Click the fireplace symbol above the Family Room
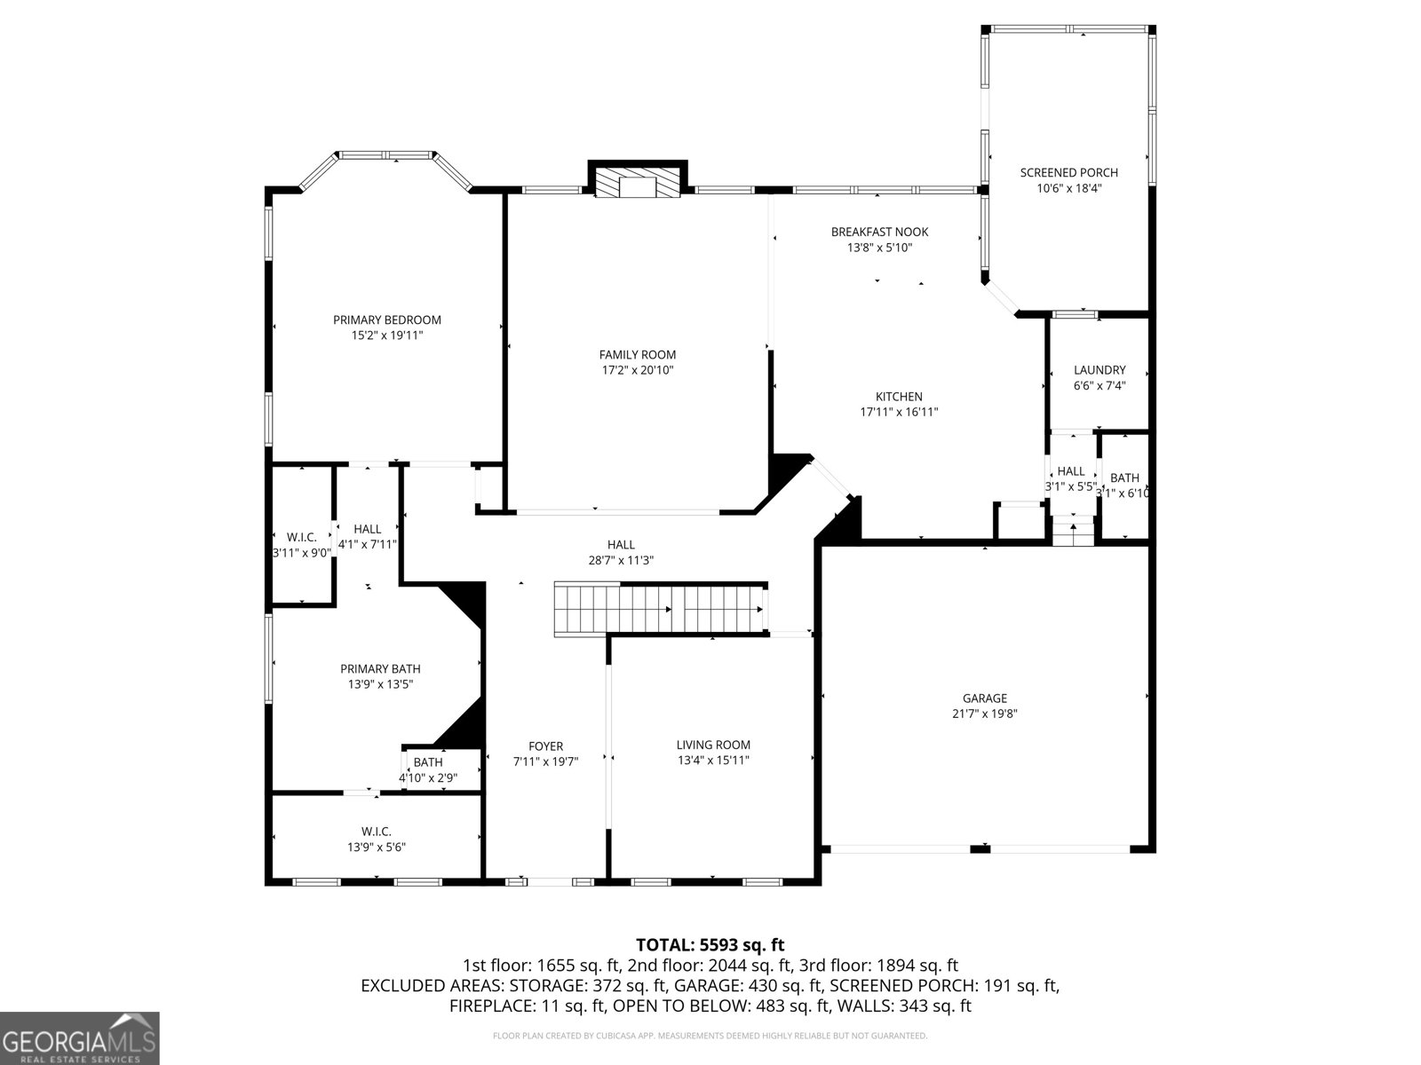coord(638,185)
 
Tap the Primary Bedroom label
coord(386,320)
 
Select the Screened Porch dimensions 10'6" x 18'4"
coord(1068,188)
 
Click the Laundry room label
coord(1099,370)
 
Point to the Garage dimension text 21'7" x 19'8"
coord(984,714)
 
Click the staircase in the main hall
coord(659,609)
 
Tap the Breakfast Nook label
coord(879,233)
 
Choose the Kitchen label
coord(899,397)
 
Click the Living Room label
coord(713,745)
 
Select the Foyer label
coord(545,746)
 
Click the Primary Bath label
coord(380,669)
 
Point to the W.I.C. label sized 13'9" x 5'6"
coord(377,832)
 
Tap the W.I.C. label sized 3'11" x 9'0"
coord(302,538)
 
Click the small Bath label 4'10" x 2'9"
coord(428,762)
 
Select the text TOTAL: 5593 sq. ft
coord(710,945)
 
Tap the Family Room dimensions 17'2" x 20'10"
coord(638,370)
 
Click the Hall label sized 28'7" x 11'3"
coord(621,545)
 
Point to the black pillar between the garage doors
coord(980,849)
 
